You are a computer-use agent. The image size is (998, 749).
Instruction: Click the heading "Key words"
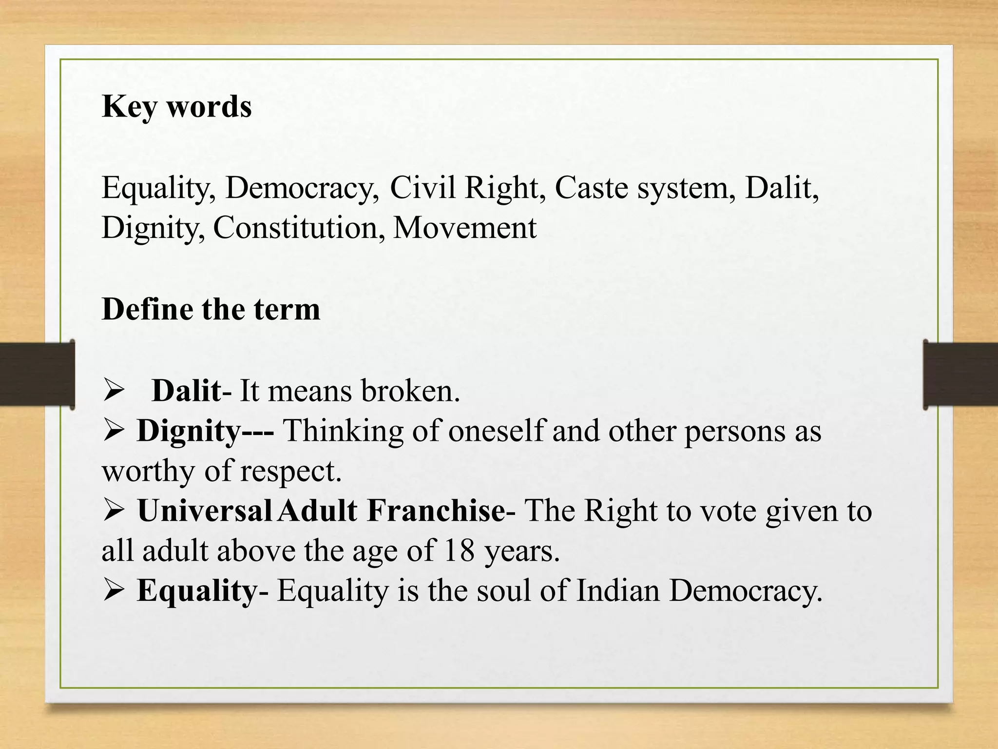[176, 106]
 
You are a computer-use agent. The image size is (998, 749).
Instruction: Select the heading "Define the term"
[211, 309]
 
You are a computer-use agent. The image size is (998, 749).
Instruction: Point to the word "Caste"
[591, 188]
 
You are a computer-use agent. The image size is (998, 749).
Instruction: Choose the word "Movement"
[464, 228]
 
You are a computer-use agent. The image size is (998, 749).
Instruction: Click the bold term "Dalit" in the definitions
[186, 391]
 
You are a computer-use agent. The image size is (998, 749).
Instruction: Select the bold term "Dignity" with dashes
[205, 431]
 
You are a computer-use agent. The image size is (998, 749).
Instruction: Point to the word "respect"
[290, 471]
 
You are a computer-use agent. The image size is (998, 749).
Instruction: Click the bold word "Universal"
[204, 511]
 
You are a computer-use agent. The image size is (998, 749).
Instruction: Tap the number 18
[459, 551]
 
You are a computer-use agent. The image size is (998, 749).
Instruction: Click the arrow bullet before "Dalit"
[115, 392]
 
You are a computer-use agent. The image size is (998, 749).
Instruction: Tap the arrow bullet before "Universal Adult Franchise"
[115, 511]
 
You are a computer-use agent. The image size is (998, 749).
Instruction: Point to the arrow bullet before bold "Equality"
[115, 591]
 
